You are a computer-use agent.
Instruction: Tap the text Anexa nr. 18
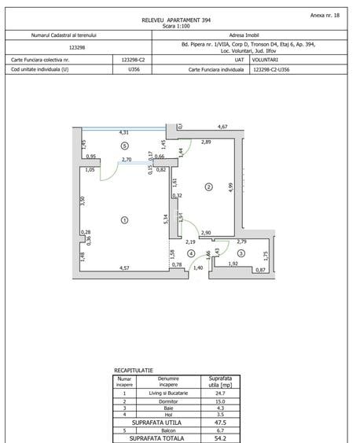pyautogui.click(x=326, y=14)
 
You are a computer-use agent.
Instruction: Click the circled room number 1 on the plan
pyautogui.click(x=124, y=221)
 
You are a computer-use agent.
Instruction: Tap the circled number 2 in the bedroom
pyautogui.click(x=208, y=186)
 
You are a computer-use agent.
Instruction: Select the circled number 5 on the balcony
pyautogui.click(x=124, y=146)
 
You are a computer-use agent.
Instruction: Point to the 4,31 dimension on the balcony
pyautogui.click(x=124, y=132)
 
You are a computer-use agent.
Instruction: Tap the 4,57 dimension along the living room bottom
pyautogui.click(x=124, y=268)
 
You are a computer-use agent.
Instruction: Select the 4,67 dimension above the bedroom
pyautogui.click(x=222, y=127)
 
